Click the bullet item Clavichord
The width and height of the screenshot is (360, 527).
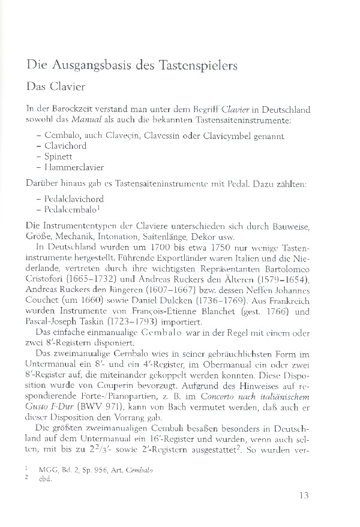point(65,146)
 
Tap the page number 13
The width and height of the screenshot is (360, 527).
point(302,496)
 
